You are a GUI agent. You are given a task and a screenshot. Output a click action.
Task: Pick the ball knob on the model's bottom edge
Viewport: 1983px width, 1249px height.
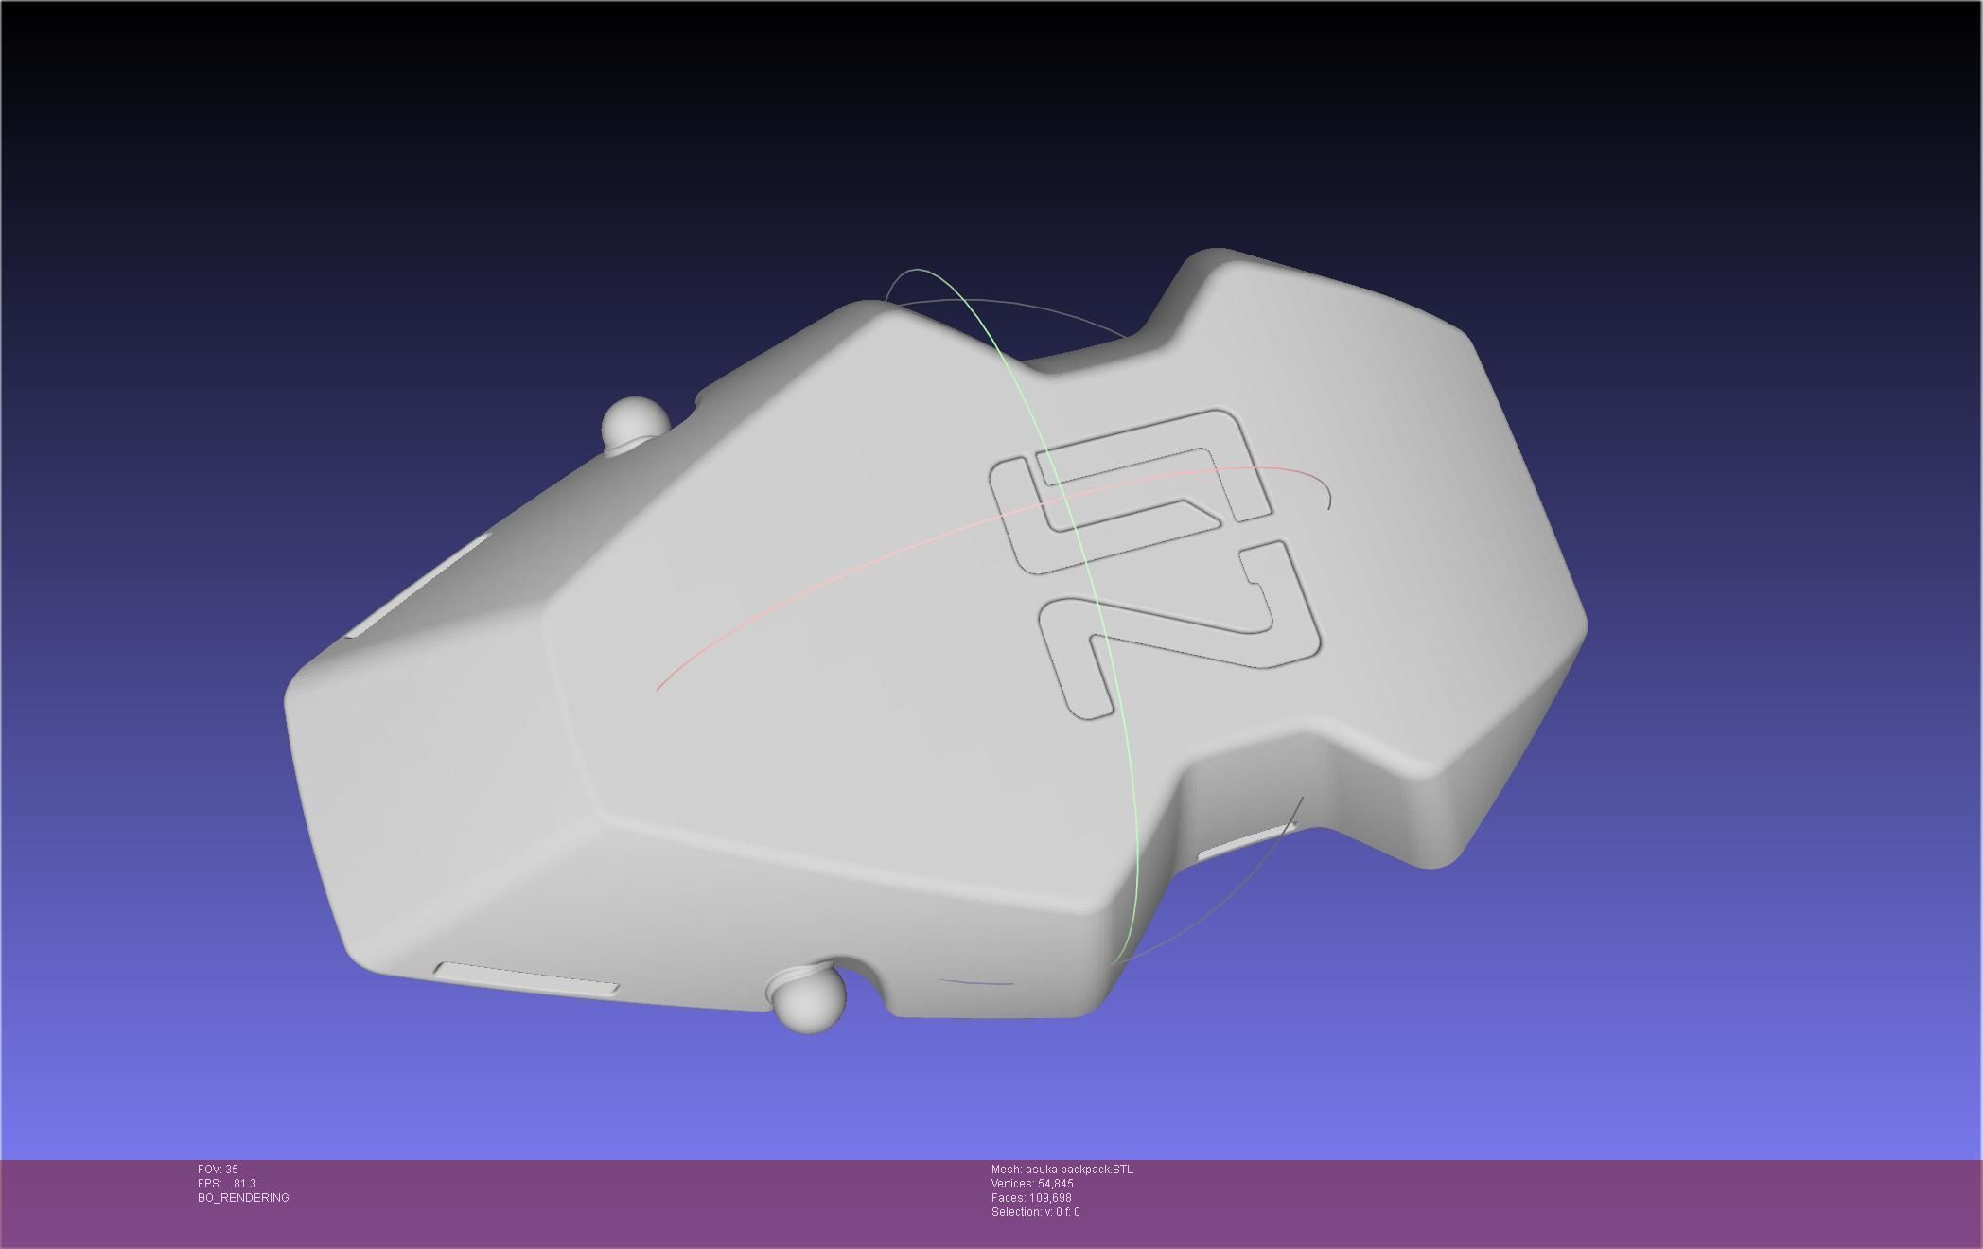(x=810, y=998)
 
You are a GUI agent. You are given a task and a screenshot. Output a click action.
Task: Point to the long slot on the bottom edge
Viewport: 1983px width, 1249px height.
(x=527, y=978)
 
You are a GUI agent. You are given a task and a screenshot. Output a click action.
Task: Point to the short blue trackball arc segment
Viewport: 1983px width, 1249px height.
(x=976, y=983)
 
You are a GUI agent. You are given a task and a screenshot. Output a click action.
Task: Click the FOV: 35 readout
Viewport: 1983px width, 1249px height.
(x=218, y=1170)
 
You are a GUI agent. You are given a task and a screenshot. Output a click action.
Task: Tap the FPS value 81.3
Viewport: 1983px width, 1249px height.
(x=244, y=1184)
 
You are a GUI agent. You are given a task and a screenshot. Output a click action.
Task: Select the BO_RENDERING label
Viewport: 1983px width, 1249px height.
(x=243, y=1198)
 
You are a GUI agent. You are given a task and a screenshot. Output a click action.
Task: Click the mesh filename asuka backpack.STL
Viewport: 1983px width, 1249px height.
(x=1079, y=1170)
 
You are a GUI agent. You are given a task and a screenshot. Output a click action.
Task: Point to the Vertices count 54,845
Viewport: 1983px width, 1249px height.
(x=1055, y=1184)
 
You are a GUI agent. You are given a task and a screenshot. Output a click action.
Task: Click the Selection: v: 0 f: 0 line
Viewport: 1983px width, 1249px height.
(x=1035, y=1212)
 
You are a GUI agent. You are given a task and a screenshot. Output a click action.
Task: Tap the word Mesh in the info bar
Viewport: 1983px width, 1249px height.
(x=1006, y=1170)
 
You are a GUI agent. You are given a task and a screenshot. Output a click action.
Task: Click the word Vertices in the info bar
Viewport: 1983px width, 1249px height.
(x=1012, y=1184)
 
